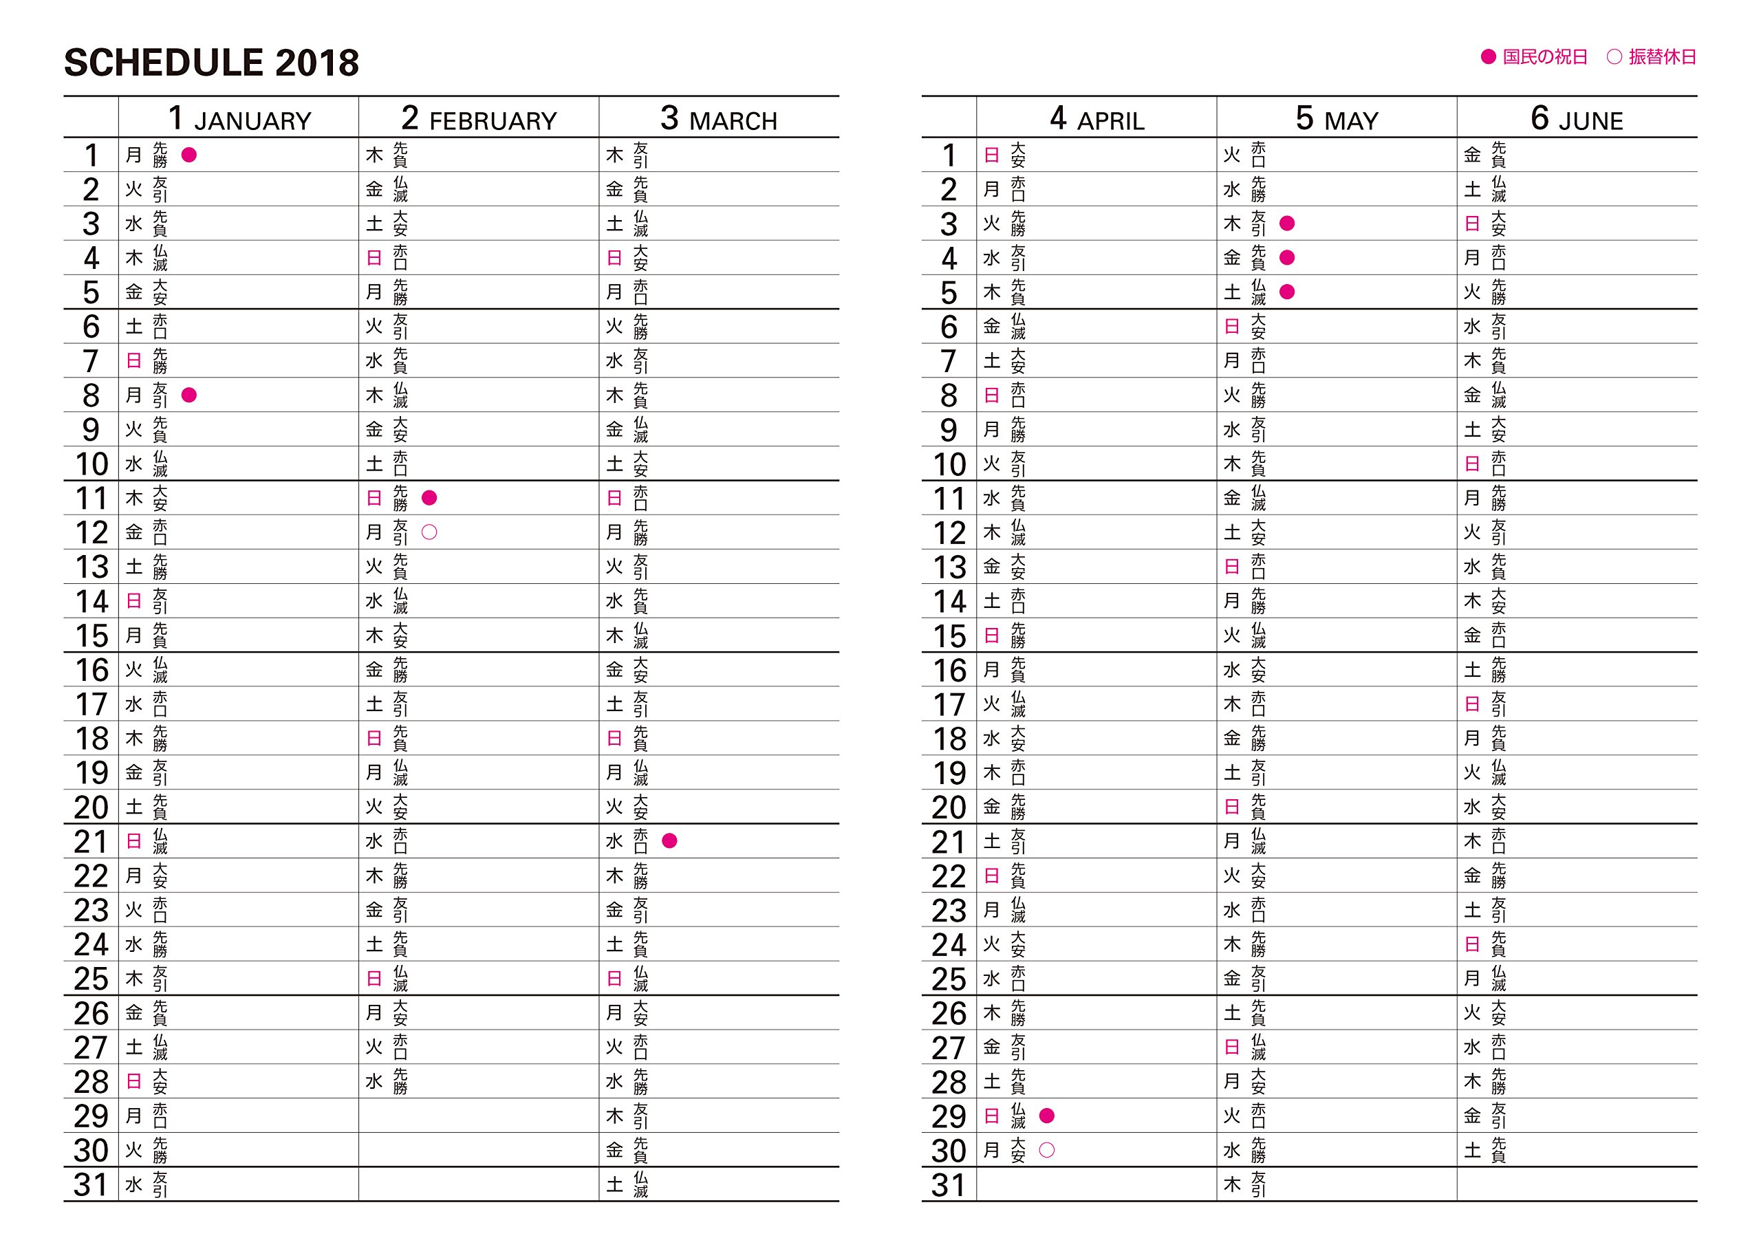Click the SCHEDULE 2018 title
click(211, 63)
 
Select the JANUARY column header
click(239, 119)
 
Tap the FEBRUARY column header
click(478, 119)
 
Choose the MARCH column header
click(718, 119)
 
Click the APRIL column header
click(1096, 119)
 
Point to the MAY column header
click(1337, 119)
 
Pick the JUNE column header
click(1577, 119)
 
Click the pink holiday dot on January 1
click(189, 155)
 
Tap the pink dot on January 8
click(189, 395)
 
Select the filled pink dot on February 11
click(430, 499)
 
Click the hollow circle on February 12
click(430, 532)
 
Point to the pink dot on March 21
click(670, 841)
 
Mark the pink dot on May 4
click(1287, 258)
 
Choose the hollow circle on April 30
click(1046, 1151)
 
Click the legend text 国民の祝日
click(1545, 58)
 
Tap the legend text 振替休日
click(1662, 58)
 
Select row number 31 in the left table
click(91, 1185)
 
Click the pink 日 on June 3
click(1472, 224)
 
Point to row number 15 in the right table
click(949, 636)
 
